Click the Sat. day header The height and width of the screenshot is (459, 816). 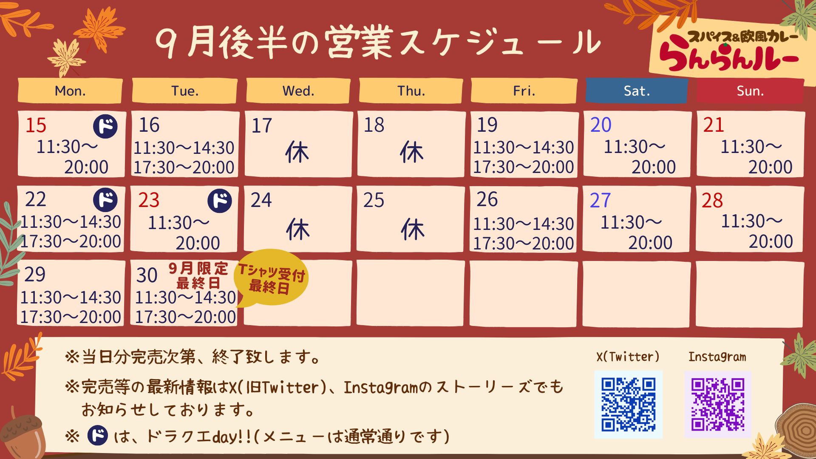pyautogui.click(x=637, y=91)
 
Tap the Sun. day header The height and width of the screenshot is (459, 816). pyautogui.click(x=750, y=91)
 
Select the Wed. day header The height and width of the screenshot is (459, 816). pyautogui.click(x=298, y=91)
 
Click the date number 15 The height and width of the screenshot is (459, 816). pyautogui.click(x=36, y=125)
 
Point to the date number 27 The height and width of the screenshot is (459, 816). pyautogui.click(x=600, y=200)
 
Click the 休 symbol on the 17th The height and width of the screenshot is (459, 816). pyautogui.click(x=297, y=152)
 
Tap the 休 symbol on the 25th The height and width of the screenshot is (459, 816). pyautogui.click(x=412, y=229)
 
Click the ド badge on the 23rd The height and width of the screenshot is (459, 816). pyautogui.click(x=220, y=201)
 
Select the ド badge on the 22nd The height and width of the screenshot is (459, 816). pyautogui.click(x=105, y=200)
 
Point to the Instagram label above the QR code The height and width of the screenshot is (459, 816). pyautogui.click(x=717, y=357)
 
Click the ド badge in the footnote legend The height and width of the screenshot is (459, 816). pyautogui.click(x=98, y=436)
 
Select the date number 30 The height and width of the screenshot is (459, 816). pyautogui.click(x=147, y=275)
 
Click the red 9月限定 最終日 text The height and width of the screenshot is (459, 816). pyautogui.click(x=198, y=275)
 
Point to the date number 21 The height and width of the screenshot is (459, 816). pyautogui.click(x=713, y=125)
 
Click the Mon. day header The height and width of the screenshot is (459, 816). pyautogui.click(x=70, y=91)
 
